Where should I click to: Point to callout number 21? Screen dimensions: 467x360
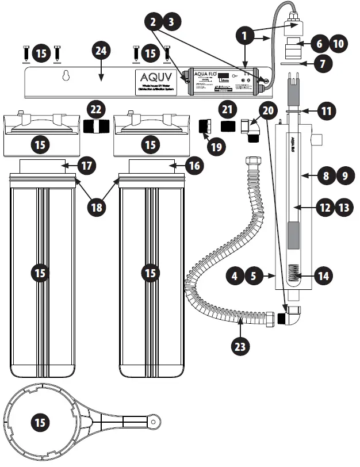point(229,109)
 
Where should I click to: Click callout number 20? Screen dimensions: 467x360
point(267,109)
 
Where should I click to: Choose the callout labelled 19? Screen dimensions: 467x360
point(216,147)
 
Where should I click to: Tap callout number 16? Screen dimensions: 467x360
point(195,166)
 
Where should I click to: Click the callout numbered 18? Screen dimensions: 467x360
point(98,206)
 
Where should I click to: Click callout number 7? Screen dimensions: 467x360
point(325,64)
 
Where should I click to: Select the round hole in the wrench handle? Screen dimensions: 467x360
point(155,423)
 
